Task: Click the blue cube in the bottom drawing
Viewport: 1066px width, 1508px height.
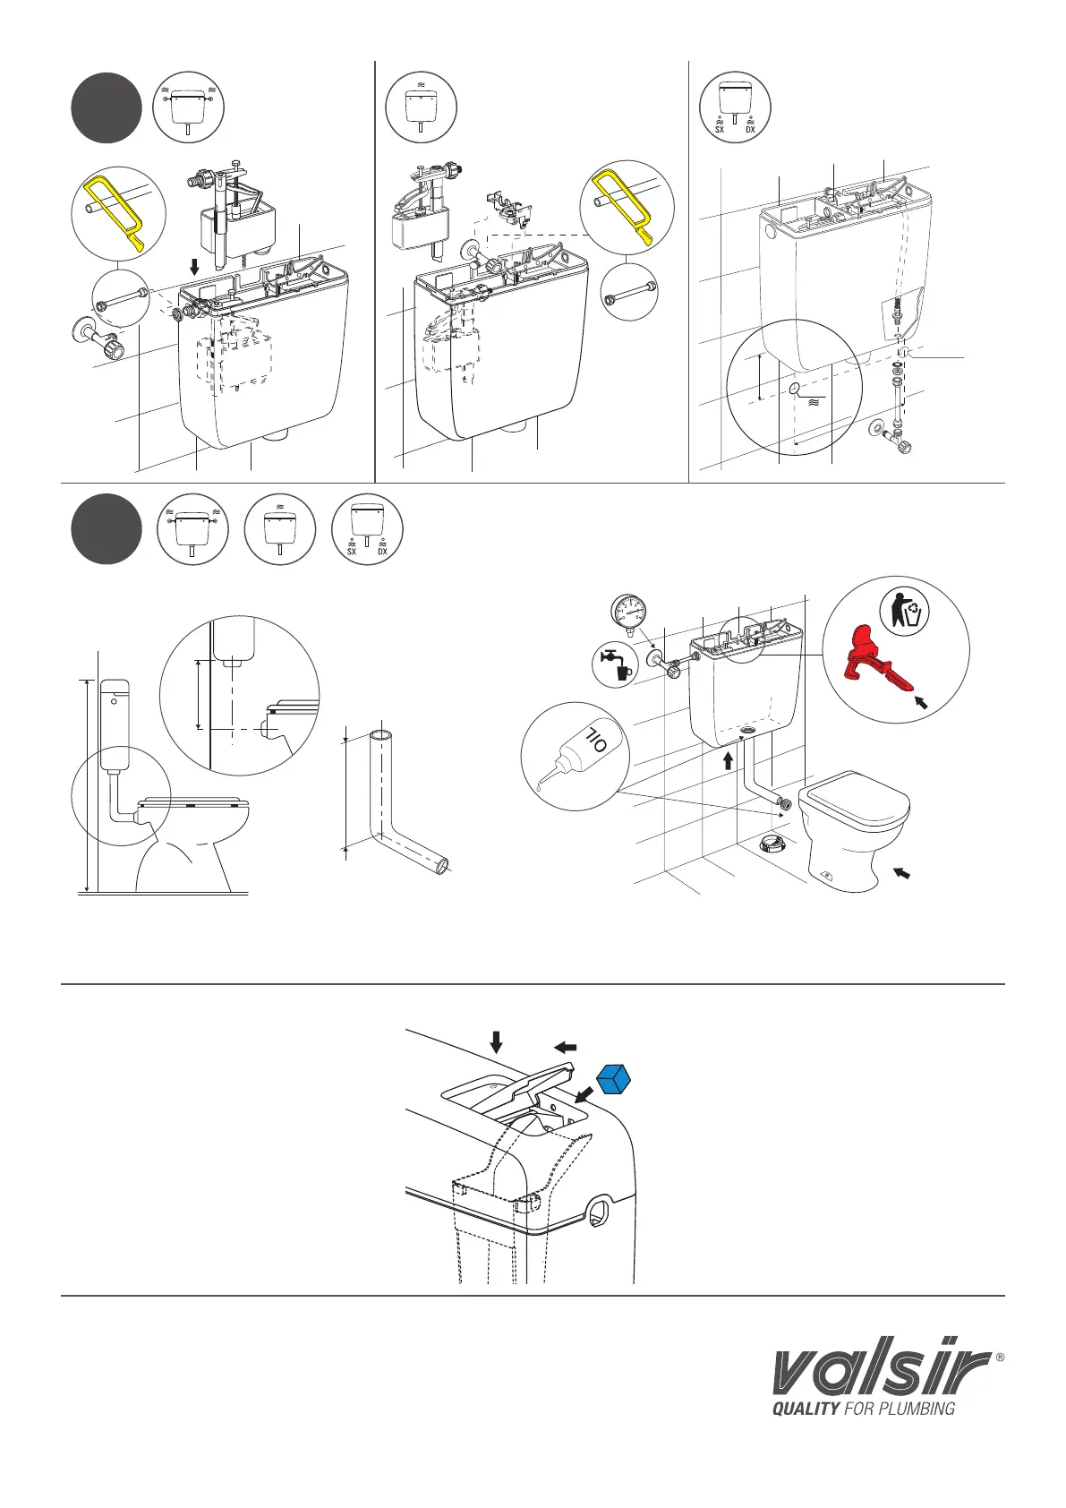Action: point(614,1079)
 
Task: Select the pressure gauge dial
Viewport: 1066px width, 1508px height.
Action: point(630,613)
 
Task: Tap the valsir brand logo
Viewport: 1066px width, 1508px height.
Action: point(882,1370)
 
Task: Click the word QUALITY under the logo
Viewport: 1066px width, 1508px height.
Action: point(806,1409)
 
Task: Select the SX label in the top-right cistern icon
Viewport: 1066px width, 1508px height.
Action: point(719,129)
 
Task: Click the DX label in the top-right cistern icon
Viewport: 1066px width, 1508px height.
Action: point(750,129)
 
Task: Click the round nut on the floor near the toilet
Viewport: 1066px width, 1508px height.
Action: point(772,844)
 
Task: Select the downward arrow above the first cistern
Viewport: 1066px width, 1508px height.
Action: point(196,268)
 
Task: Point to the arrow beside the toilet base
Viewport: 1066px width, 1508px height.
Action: point(902,871)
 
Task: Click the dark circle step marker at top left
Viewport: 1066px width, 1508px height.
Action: point(107,109)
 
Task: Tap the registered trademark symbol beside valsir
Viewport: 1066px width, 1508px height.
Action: point(1000,1357)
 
